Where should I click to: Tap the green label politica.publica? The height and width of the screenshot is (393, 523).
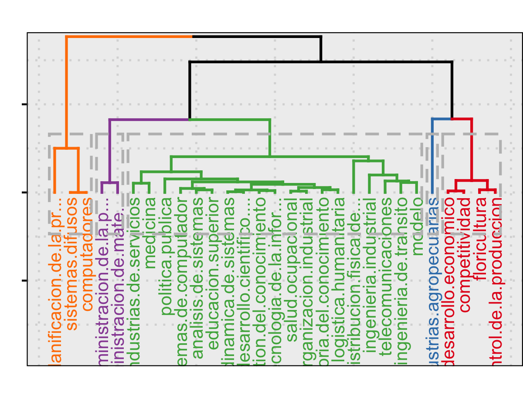coord(166,256)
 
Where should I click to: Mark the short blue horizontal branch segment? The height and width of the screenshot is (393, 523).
coord(441,119)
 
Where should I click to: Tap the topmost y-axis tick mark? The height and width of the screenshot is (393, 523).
coord(24,104)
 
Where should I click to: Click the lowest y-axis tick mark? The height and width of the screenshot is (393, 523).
coord(24,281)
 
